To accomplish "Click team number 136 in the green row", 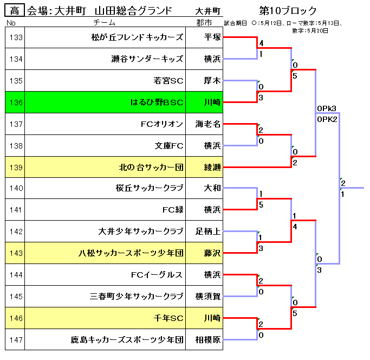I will click(16, 102).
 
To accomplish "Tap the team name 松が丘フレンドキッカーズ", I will click(138, 37).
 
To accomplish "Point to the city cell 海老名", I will click(208, 124).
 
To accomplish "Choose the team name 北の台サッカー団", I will click(151, 167).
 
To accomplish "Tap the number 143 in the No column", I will click(16, 253).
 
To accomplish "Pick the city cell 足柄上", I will click(208, 232).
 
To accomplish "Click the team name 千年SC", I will click(169, 318).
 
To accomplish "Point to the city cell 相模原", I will click(208, 340).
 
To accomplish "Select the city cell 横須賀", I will click(208, 297).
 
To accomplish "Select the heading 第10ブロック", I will click(288, 10).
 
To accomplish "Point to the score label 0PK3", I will click(327, 108).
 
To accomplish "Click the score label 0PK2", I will click(327, 119).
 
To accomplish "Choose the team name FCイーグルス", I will click(157, 275).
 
